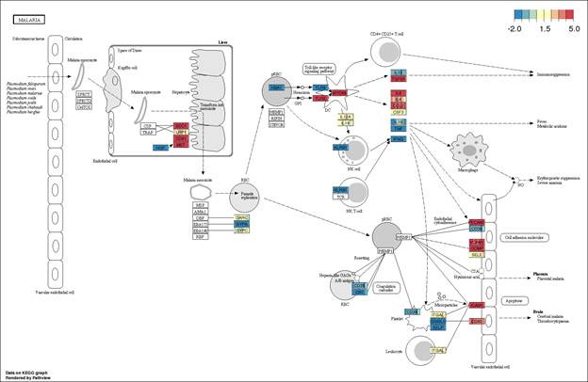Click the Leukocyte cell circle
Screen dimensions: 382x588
coord(398,353)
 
